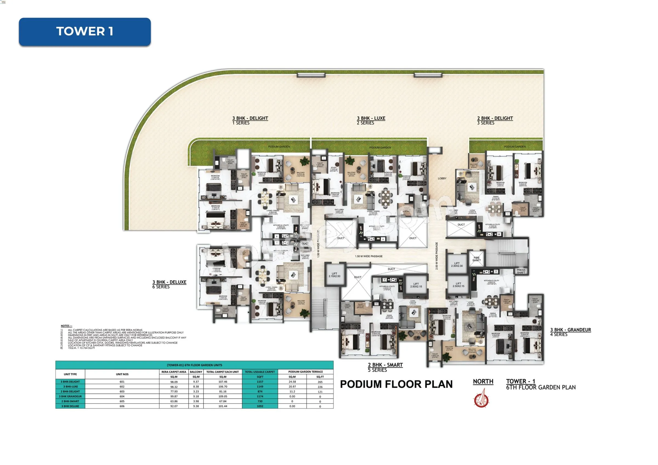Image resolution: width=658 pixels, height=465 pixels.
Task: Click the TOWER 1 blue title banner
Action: pos(84,32)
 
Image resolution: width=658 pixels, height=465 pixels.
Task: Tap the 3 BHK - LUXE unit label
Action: pos(371,118)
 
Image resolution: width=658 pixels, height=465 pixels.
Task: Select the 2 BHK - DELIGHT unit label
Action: pos(495,118)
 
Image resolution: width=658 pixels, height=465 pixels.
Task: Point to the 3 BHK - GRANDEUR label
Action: pos(570,330)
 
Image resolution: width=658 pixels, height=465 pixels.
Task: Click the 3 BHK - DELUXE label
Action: pos(169,282)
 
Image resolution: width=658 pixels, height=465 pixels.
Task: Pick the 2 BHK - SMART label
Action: pos(385,365)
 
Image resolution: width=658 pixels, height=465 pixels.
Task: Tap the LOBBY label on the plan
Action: pos(442,178)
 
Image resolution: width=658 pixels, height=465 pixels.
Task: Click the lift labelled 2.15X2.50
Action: pos(334,275)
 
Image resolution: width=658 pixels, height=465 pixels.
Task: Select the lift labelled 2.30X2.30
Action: pos(457,265)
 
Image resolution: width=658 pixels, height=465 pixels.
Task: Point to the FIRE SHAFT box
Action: pos(476,259)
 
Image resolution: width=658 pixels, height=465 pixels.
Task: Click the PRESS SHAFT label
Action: pos(521,271)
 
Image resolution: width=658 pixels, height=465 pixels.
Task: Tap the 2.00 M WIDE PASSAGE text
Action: pos(437,256)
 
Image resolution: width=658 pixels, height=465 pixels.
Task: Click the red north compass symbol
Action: pos(481,399)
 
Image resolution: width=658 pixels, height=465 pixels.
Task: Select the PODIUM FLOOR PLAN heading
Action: pos(396,384)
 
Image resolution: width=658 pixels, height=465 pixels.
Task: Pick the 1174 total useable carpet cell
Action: pos(260,396)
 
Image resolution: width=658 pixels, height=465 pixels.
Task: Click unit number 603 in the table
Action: pos(122,391)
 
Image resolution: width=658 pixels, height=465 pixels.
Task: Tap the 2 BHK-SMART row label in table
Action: pos(70,401)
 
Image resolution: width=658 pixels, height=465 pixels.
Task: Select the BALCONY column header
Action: pos(196,372)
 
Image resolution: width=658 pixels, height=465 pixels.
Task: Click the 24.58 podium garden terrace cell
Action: pos(292,382)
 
